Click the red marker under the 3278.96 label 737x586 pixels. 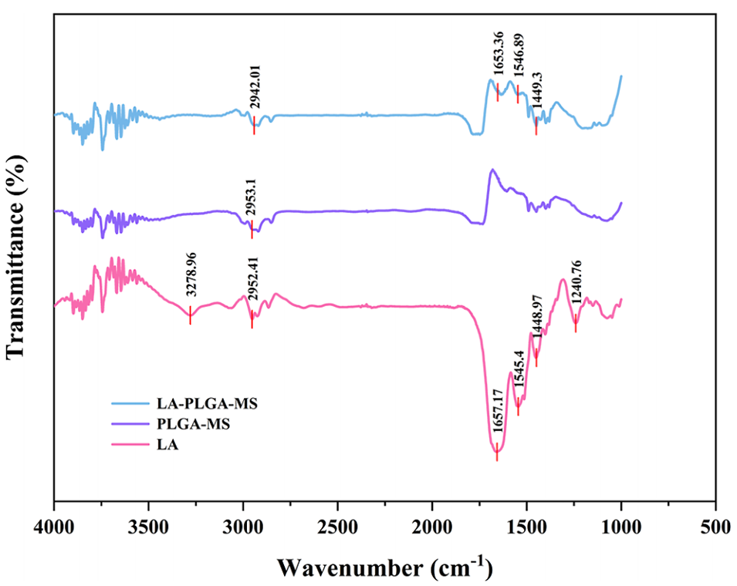click(190, 315)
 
